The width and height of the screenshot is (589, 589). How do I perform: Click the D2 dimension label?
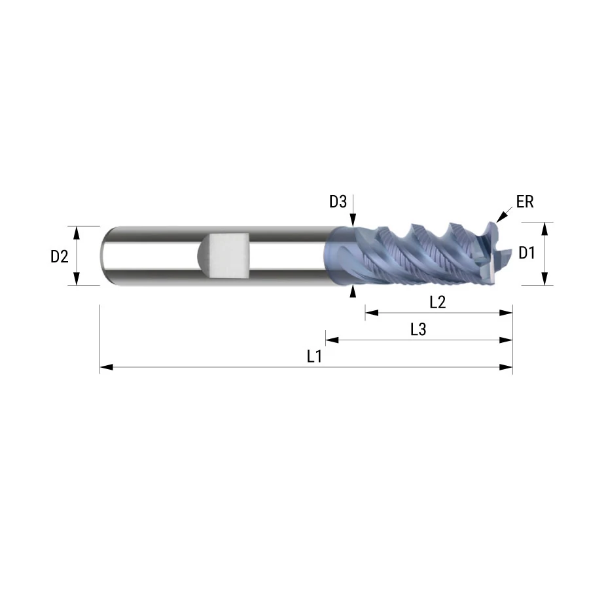coord(60,257)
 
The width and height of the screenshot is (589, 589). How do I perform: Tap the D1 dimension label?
coord(526,253)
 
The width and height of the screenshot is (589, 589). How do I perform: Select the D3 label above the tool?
coord(338,202)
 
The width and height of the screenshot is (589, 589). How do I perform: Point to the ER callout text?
coord(525,202)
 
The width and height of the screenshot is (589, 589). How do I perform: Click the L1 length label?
coord(314,357)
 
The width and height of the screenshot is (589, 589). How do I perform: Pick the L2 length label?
coord(438,302)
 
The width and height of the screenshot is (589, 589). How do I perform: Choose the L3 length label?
coord(418,329)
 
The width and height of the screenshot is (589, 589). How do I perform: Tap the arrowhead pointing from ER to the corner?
coord(501,217)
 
